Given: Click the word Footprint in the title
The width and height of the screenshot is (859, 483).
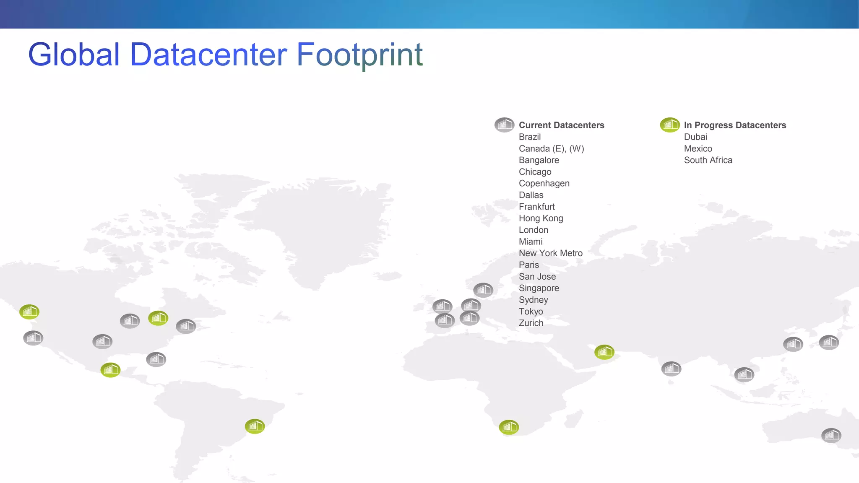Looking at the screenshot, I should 359,55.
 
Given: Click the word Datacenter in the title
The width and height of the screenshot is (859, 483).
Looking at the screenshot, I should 208,55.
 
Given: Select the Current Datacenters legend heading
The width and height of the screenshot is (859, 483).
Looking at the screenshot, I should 561,125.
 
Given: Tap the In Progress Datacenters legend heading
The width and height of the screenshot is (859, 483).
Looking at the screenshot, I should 735,125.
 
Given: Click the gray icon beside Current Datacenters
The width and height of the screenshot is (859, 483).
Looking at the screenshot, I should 504,125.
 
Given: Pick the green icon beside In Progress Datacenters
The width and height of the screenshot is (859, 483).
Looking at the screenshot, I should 670,125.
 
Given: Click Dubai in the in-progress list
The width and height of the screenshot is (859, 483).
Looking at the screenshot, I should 695,137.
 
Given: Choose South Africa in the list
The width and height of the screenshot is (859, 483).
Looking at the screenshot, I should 708,160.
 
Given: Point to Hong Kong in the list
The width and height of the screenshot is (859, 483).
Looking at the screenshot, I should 541,218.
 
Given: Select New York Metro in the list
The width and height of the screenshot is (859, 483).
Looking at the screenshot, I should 550,253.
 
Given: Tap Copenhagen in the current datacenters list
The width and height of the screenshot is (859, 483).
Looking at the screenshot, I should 544,183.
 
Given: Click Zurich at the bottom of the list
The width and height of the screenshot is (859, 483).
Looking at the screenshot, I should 531,323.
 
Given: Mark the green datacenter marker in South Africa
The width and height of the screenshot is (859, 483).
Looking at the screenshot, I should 509,427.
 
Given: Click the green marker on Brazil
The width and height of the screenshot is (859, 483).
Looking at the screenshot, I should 255,426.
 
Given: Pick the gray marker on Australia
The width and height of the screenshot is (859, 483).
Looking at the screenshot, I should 831,435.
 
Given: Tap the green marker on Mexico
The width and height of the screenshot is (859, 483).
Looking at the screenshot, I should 110,370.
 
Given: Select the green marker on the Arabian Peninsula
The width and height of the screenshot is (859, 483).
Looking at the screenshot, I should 604,352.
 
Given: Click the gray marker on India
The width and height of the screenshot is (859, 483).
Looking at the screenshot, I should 671,369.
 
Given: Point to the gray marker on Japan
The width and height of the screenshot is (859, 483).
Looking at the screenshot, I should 829,342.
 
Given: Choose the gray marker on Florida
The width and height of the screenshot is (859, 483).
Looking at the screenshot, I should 156,359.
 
